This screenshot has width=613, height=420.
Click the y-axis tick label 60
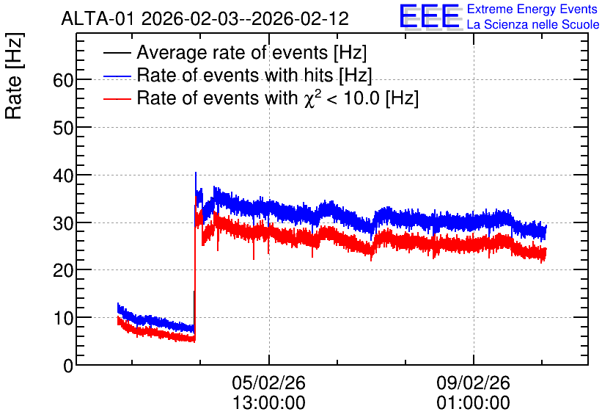coord(63,81)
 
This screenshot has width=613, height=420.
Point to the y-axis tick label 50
coord(63,128)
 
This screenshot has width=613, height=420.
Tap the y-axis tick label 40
coord(63,175)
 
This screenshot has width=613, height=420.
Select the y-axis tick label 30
coord(63,223)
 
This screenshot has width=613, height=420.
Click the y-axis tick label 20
coord(63,270)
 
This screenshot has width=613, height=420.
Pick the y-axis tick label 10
coord(63,318)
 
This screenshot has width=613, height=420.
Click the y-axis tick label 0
coord(68,366)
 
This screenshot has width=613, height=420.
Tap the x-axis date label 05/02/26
coord(268,383)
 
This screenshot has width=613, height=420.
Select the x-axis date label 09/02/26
coord(473,383)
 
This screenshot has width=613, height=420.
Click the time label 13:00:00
coord(268,403)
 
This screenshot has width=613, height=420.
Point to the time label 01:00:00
coord(473,403)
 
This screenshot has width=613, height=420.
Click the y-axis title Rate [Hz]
coord(14,76)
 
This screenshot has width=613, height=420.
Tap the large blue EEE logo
coord(429,16)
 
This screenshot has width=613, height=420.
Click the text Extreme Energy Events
coord(532,9)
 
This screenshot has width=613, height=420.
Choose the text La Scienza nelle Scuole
coord(533,24)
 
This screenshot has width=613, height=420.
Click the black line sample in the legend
coord(117,53)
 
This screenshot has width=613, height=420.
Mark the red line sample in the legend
coord(117,98)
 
